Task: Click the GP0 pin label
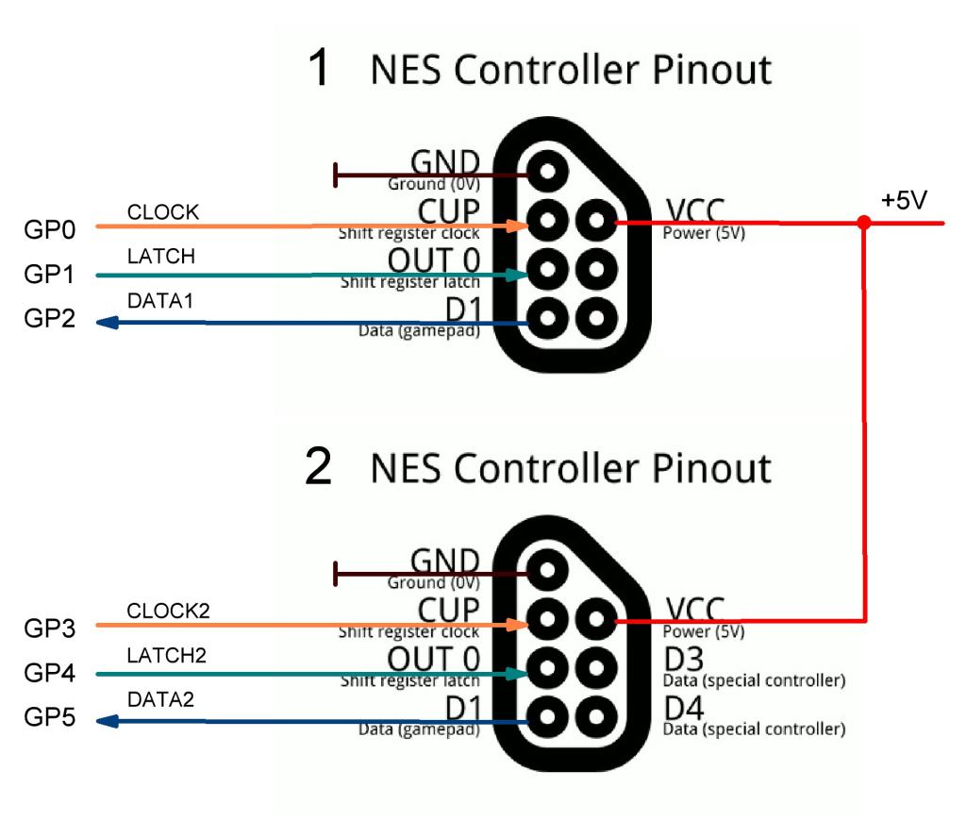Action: click(49, 230)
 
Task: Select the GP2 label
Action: click(49, 319)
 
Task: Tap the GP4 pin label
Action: click(49, 673)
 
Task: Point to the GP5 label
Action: click(49, 717)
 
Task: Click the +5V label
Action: click(904, 200)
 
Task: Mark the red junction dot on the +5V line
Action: click(864, 223)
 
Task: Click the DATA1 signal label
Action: click(160, 301)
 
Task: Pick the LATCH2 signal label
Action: click(166, 655)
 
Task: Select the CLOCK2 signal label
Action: click(168, 611)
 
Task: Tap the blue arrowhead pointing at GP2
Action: click(108, 322)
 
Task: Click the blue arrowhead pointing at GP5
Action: click(108, 720)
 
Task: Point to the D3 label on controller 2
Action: click(684, 660)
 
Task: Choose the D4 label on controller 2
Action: click(684, 708)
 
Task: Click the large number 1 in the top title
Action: click(319, 67)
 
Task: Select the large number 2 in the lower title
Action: click(319, 466)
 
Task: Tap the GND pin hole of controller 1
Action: click(547, 172)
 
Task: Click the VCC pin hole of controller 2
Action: click(596, 619)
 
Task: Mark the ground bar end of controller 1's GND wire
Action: click(335, 176)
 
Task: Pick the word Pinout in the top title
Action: click(711, 69)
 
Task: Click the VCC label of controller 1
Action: click(695, 210)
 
